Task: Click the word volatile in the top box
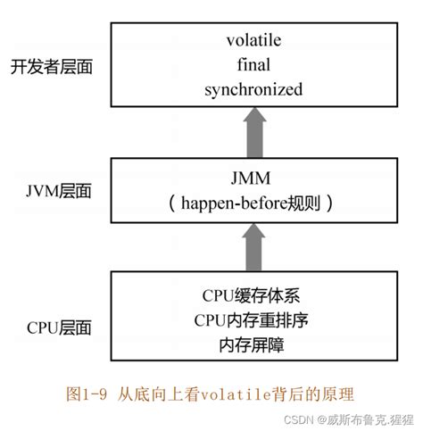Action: point(253,41)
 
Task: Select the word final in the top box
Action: point(253,65)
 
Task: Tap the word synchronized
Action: point(253,89)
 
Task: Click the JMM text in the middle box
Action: point(253,178)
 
